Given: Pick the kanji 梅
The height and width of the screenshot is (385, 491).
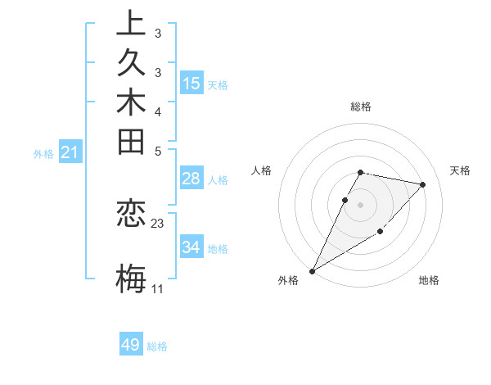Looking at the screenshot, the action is [131, 279].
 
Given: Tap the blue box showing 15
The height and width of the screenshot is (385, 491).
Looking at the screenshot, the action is [191, 84].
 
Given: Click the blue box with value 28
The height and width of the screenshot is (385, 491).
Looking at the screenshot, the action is [191, 179].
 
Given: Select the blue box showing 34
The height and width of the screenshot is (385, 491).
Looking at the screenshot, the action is [191, 247].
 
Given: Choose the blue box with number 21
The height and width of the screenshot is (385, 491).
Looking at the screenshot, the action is [70, 152].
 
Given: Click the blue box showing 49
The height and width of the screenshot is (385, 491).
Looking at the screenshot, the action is [131, 345].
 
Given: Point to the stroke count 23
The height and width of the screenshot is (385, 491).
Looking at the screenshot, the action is [158, 223].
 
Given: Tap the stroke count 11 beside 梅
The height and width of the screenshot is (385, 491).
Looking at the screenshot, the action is [157, 289].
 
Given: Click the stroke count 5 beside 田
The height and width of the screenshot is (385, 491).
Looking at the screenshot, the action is [158, 151].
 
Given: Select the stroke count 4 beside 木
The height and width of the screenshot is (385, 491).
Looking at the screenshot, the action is [158, 111].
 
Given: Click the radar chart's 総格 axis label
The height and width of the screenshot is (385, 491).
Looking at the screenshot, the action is [361, 106].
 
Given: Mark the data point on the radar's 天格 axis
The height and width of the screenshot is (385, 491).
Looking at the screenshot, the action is [422, 185].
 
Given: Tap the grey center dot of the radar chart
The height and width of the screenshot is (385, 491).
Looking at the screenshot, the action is [360, 204].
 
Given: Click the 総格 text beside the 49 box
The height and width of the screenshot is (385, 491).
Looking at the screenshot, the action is [157, 346].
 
